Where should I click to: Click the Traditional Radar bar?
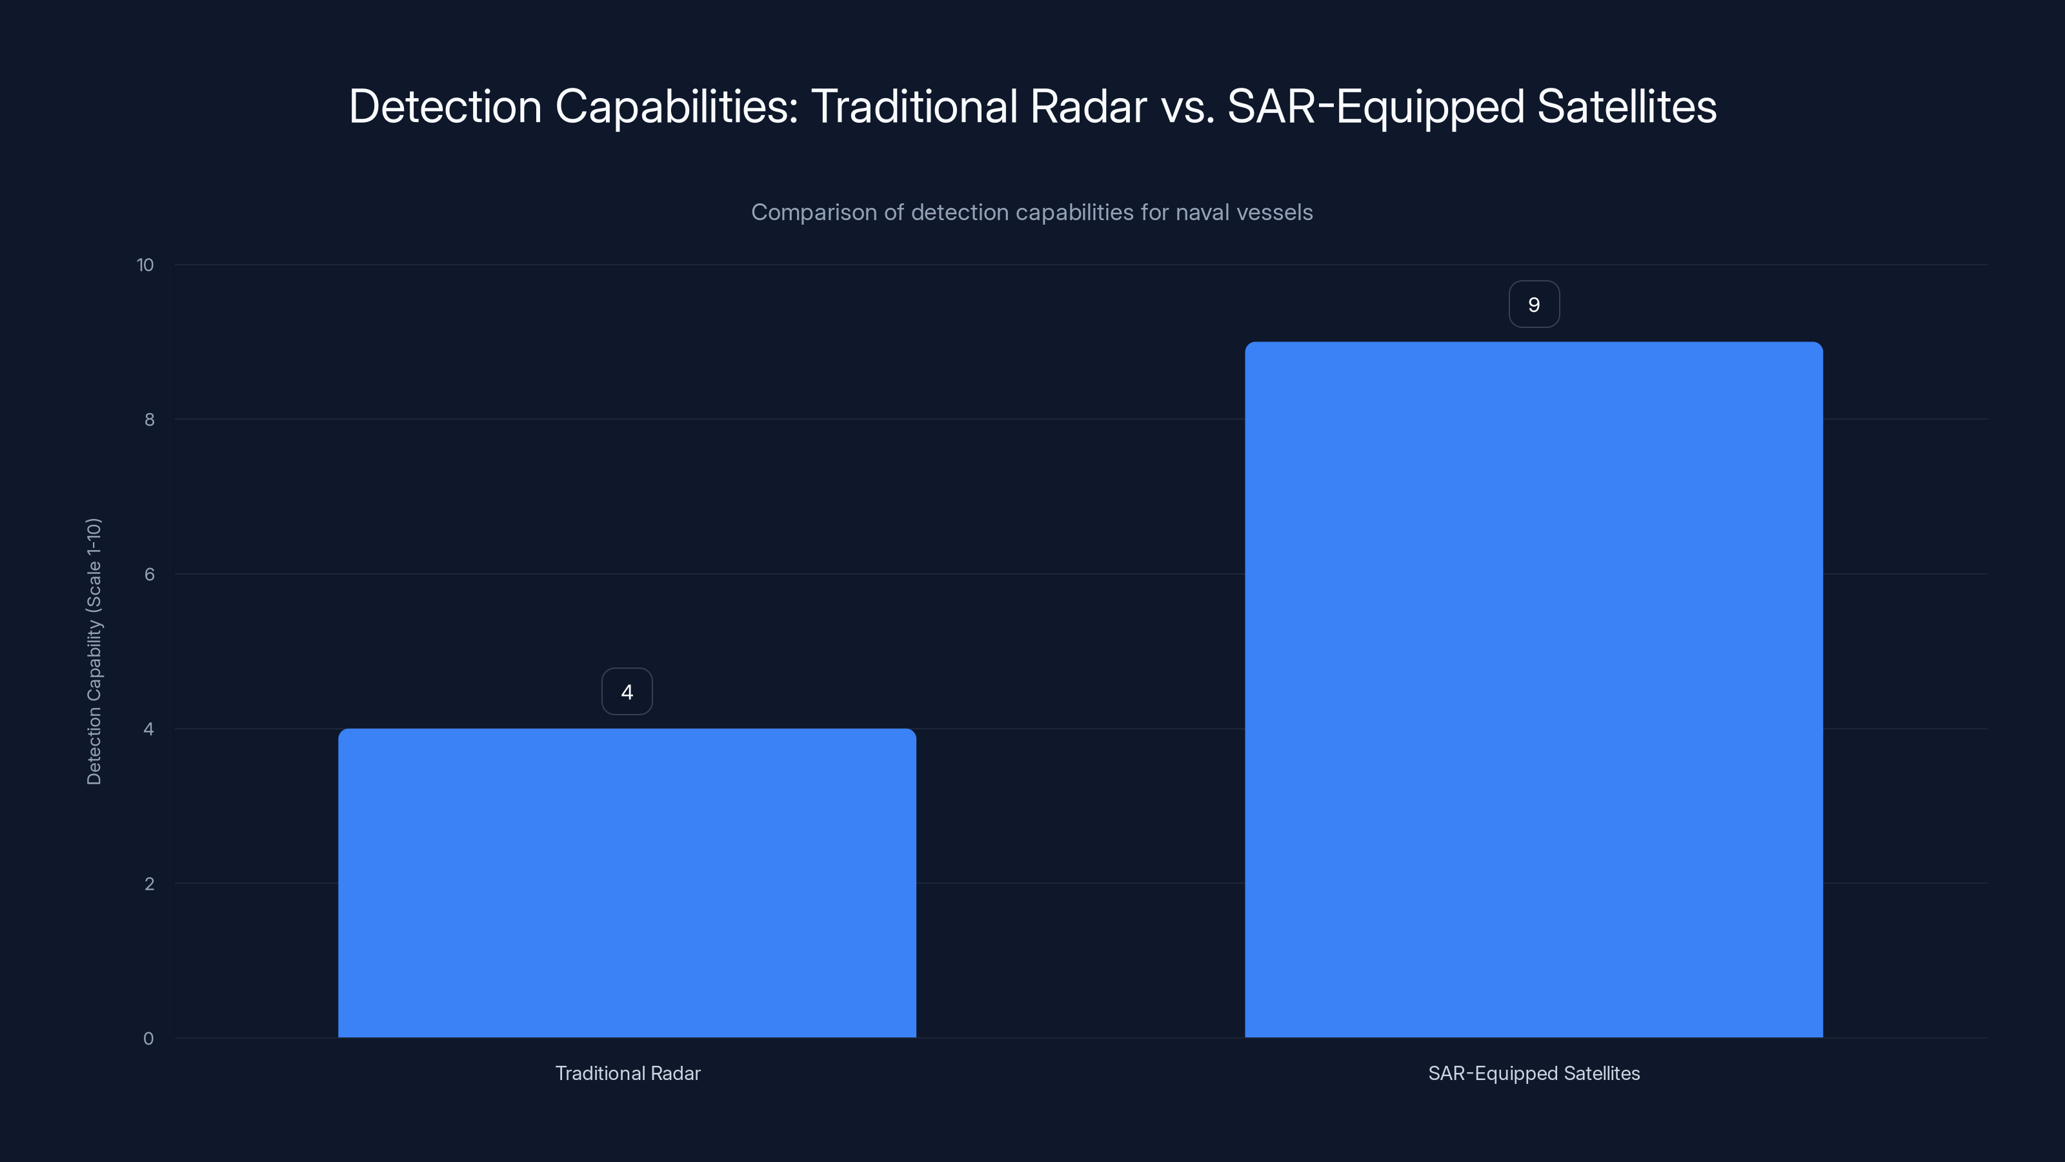pos(627,882)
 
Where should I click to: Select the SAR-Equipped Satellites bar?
pos(1533,689)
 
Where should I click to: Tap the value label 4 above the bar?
pos(627,691)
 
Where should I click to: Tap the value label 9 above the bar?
pos(1533,304)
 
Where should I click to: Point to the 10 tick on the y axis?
pos(145,265)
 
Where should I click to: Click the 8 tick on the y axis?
pos(149,420)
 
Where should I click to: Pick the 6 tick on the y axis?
pos(149,574)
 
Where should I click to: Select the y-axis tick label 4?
pos(149,729)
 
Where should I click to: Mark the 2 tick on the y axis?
pos(149,884)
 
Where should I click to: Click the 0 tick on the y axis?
pos(148,1039)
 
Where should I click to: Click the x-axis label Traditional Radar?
pos(628,1073)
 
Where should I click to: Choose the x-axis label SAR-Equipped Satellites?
pos(1533,1073)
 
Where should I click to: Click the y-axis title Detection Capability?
pos(94,651)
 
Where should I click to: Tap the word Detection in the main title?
pos(445,106)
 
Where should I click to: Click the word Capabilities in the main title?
pos(676,106)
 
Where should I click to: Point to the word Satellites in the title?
pos(1626,106)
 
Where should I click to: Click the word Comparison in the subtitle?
pos(814,212)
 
